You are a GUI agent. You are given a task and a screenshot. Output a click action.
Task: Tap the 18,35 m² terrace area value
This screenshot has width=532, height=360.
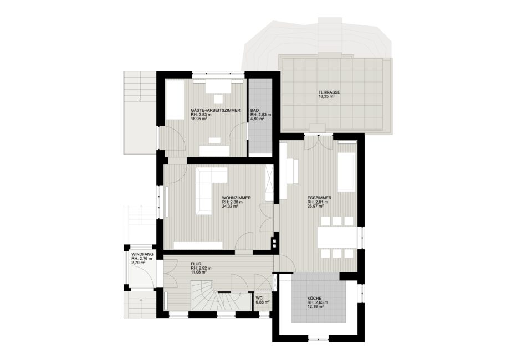pos(327,96)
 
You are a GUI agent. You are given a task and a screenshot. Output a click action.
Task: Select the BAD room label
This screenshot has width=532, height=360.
pos(254,111)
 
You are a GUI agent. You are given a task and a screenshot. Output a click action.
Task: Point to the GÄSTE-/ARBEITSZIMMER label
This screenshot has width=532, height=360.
pos(216,111)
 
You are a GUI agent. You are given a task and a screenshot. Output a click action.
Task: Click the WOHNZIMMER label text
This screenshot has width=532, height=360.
pos(236,198)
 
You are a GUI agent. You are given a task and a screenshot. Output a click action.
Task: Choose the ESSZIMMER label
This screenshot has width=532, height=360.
pos(319,198)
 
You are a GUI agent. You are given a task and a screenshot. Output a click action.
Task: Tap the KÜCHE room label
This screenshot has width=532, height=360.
pos(315,299)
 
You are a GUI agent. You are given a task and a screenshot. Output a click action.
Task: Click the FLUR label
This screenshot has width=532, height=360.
pos(196,264)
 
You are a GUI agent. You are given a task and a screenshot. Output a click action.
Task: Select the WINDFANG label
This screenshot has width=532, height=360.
pos(142,254)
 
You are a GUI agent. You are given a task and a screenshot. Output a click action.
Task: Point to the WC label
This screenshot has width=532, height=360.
pos(259,298)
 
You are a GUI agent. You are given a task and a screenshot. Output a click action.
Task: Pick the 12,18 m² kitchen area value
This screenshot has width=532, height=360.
pos(315,306)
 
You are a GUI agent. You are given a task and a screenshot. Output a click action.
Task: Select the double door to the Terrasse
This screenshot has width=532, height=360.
pos(319,142)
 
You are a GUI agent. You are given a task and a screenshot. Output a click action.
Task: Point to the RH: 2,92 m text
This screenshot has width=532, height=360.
pos(201,268)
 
